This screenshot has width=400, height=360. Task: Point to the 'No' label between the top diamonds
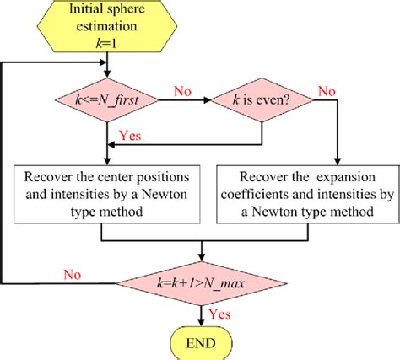183,88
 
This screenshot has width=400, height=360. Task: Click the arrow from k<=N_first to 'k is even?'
183,101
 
